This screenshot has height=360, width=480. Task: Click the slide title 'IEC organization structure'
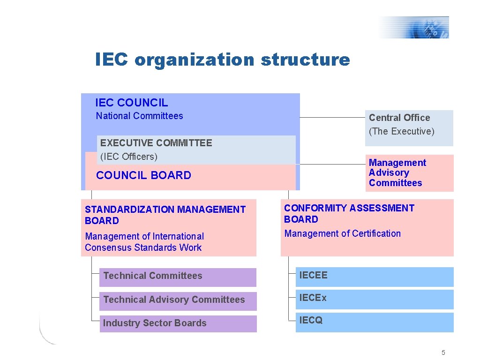coord(222,60)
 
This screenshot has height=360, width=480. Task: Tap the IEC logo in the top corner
coord(414,27)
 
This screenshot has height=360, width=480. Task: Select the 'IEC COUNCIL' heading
coord(131,103)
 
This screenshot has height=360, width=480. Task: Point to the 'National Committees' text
coord(139,116)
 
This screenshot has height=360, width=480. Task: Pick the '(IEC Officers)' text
coord(129,157)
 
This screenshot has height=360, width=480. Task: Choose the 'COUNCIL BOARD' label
coord(143,176)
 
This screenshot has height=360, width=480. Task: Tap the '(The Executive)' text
coord(402,132)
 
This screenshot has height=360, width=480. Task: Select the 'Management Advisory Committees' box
coord(409,173)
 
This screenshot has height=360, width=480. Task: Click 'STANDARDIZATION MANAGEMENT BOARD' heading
coord(165,215)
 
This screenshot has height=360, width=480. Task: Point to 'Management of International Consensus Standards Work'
coord(144,242)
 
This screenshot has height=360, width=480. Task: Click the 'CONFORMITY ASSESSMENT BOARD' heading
coord(349,214)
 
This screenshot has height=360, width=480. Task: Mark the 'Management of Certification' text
coord(343,234)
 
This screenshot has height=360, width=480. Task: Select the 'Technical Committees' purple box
coord(178,277)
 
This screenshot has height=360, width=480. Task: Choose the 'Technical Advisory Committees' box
coord(178,300)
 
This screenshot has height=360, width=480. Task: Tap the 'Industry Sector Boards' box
coord(178,323)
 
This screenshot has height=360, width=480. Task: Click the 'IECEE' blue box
coord(375,276)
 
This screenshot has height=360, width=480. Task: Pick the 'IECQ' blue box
coord(375,322)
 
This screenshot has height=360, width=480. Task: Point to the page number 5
coord(443,352)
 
